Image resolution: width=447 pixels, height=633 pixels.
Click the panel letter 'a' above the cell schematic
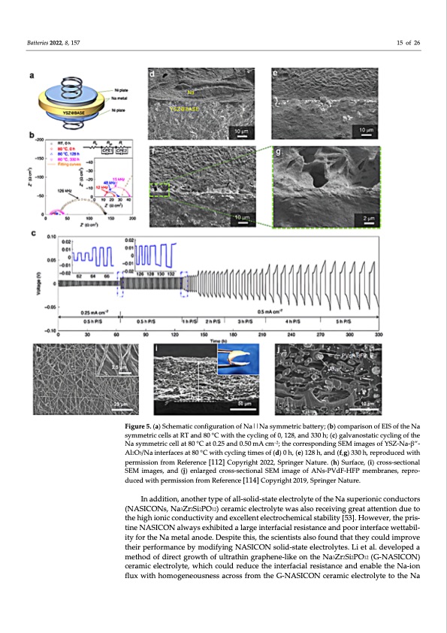[x=33, y=74]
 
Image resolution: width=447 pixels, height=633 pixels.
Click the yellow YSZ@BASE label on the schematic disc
[x=62, y=119]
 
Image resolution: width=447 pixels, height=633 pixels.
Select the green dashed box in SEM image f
[x=161, y=192]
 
